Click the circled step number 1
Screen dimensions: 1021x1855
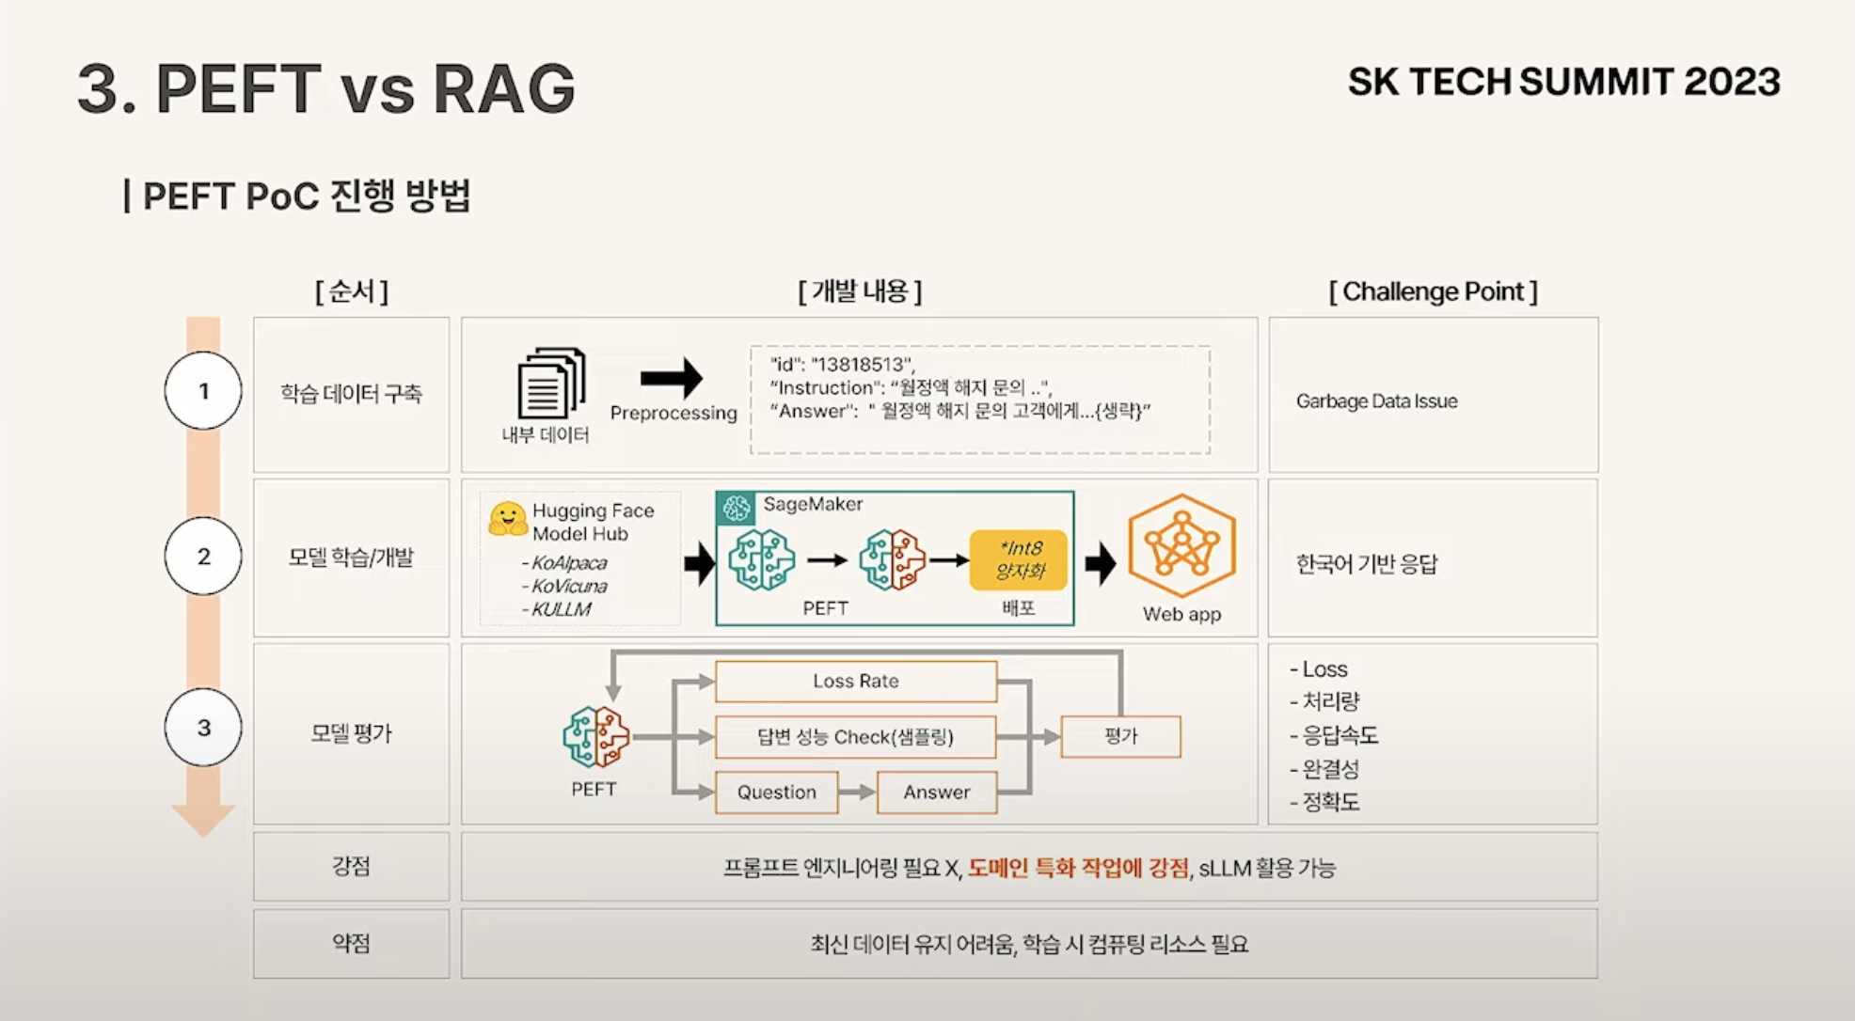(x=203, y=391)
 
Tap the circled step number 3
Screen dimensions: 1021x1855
(x=203, y=728)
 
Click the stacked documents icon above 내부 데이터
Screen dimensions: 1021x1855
(x=551, y=383)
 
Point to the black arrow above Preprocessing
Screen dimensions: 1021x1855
(x=672, y=378)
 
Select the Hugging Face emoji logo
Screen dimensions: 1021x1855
(x=508, y=519)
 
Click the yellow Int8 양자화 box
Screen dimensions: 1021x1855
(x=1020, y=560)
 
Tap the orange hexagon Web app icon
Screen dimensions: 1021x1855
(x=1181, y=545)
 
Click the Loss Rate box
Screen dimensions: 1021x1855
(x=855, y=681)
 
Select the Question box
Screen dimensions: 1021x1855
(x=776, y=793)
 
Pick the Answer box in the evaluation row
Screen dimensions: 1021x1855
(x=936, y=793)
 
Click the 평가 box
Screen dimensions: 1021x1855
(x=1120, y=736)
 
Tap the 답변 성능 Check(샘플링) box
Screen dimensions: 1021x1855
(x=855, y=737)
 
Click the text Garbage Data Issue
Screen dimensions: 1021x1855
(x=1376, y=401)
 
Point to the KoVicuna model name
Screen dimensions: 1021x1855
(x=569, y=586)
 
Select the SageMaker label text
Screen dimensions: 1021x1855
(x=813, y=504)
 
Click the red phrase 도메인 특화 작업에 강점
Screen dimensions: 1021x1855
(x=1078, y=867)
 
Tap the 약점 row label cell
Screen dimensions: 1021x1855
(x=351, y=943)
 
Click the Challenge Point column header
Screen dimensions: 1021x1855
(x=1433, y=291)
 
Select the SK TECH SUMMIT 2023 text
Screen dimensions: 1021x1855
(x=1563, y=82)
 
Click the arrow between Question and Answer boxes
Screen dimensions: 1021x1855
(x=856, y=793)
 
